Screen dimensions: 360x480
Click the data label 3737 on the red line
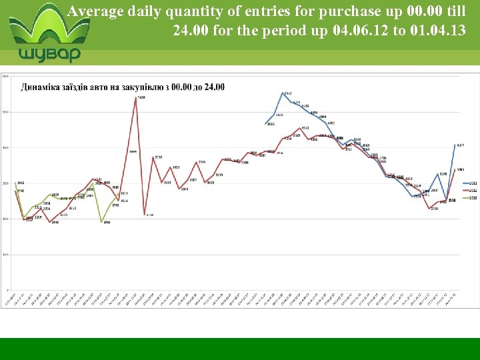coord(159,157)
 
